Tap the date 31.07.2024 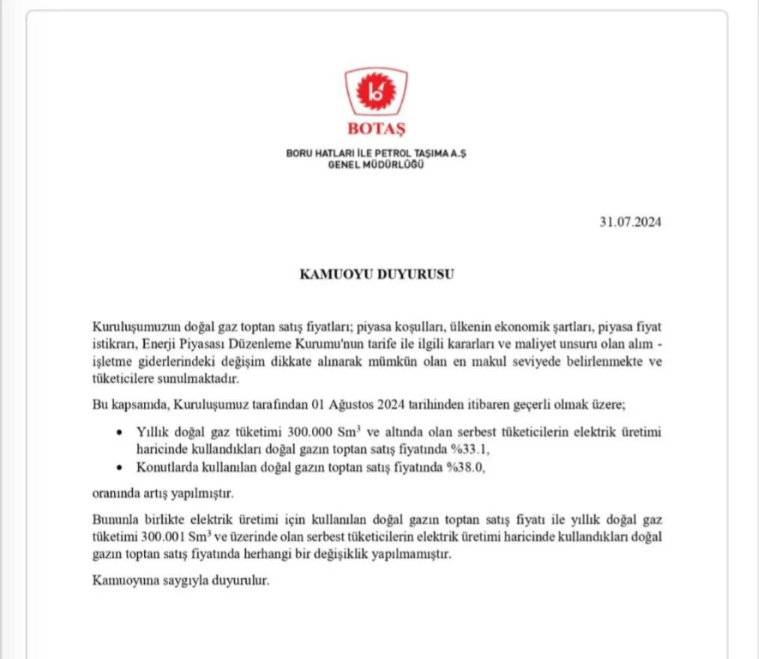click(x=630, y=222)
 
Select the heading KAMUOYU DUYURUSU click(x=376, y=274)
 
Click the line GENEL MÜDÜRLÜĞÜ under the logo click(x=376, y=164)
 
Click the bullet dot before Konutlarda click(x=121, y=467)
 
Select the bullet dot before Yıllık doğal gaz click(x=121, y=433)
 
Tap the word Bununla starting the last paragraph click(x=113, y=520)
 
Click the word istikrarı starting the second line click(x=111, y=346)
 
